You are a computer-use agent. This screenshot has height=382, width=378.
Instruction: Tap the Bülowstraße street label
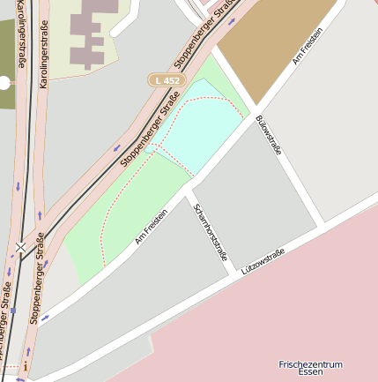[268, 135]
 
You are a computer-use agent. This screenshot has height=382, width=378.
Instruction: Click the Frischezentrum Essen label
[310, 368]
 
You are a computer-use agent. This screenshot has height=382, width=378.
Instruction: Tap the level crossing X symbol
[20, 246]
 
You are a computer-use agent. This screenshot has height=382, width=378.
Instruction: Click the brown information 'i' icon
[26, 366]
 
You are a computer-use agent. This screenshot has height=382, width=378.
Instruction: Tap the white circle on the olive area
[4, 83]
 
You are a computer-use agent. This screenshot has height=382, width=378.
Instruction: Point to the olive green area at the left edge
[6, 62]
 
